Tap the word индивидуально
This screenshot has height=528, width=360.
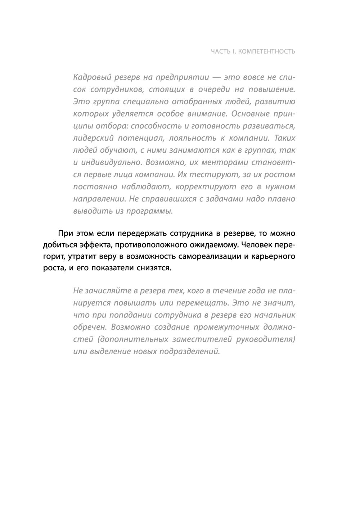click(x=111, y=162)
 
